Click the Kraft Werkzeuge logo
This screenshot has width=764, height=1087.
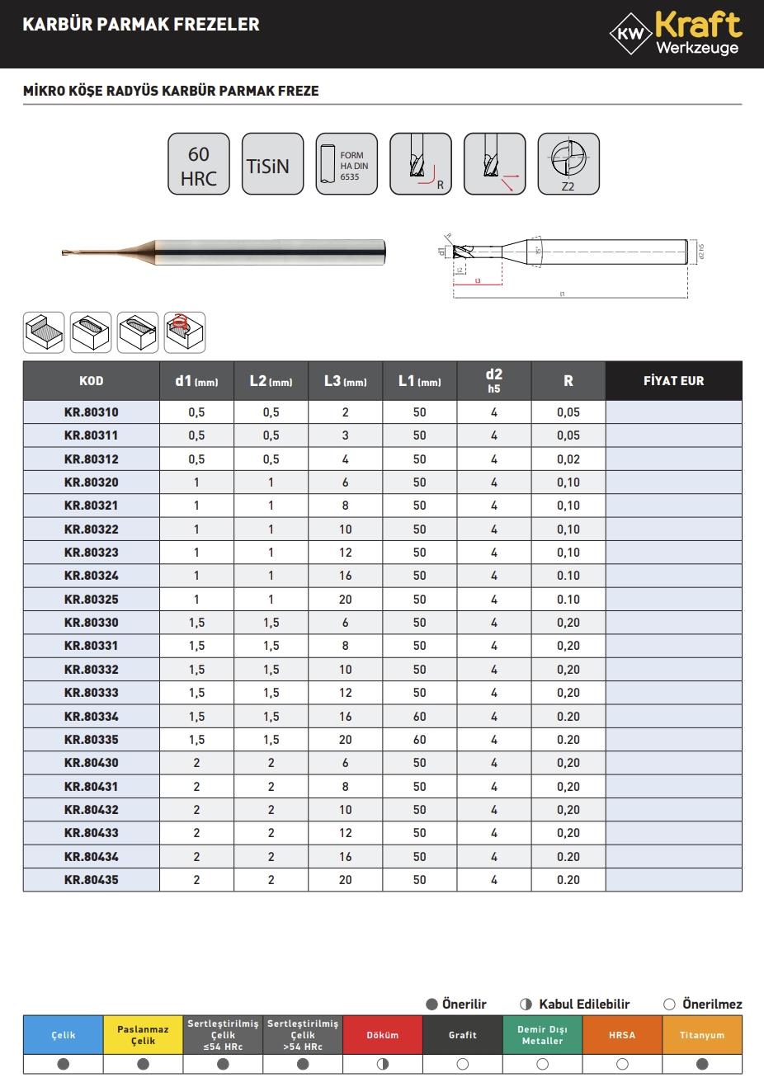click(x=676, y=34)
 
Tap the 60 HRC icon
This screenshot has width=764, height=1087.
click(x=198, y=165)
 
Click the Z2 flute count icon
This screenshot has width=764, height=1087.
click(x=568, y=164)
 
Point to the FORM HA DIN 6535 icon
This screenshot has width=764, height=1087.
click(x=346, y=165)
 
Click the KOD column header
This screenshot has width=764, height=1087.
click(x=92, y=381)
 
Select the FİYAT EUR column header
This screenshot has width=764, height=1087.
click(x=673, y=381)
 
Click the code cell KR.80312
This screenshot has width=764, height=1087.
click(x=92, y=459)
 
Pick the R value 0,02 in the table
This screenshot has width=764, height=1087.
click(x=568, y=459)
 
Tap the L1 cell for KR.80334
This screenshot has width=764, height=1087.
click(x=419, y=717)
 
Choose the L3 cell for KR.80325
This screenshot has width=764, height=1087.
click(x=345, y=600)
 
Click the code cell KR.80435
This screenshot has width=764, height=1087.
click(x=92, y=880)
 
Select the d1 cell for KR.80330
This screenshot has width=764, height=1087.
click(x=196, y=623)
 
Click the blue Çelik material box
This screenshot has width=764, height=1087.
click(x=64, y=1035)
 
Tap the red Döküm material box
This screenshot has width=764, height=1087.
click(x=382, y=1035)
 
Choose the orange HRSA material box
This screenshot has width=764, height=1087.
click(x=622, y=1035)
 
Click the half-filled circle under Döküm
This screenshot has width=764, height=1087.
click(x=382, y=1065)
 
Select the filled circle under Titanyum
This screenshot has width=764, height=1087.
click(x=702, y=1065)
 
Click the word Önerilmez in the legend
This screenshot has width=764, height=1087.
click(x=712, y=1005)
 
